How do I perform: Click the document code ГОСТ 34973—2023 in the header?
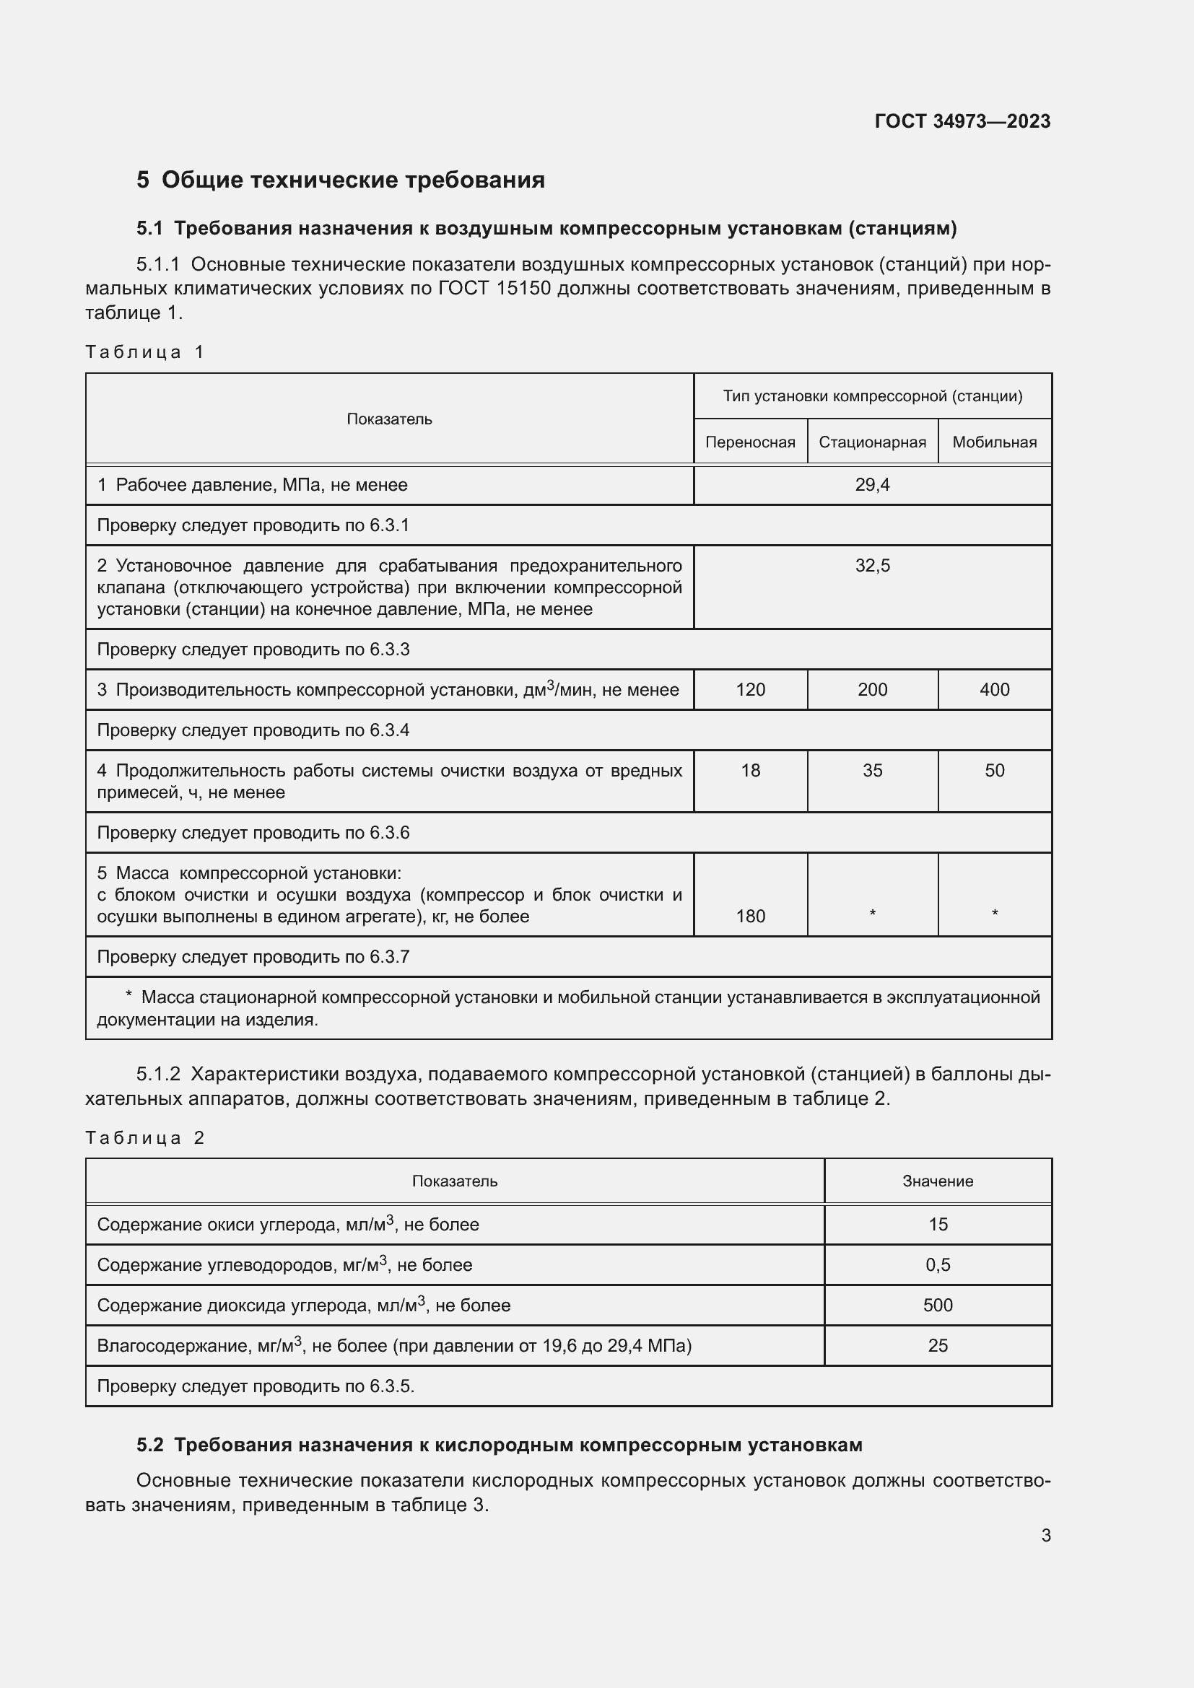coord(962,121)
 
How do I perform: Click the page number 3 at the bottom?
coord(1045,1535)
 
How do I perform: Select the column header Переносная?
coord(750,442)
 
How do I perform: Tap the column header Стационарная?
coord(872,442)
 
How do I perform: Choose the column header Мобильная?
coord(994,442)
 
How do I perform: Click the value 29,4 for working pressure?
coord(872,484)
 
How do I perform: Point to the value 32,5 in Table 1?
coord(872,565)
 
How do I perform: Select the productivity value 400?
coord(994,690)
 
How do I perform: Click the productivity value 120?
coord(750,690)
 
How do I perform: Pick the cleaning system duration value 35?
coord(872,771)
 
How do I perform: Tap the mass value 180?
coord(750,916)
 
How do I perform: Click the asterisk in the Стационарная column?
coord(872,913)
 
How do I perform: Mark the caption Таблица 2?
coord(145,1138)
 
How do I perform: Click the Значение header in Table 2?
coord(938,1181)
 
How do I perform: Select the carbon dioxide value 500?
coord(938,1305)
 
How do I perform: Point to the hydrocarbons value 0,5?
coord(938,1264)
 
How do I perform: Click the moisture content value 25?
coord(938,1345)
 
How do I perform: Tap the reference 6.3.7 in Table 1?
coord(390,956)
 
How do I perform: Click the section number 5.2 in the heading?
coord(150,1445)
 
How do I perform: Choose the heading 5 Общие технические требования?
coord(341,180)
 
